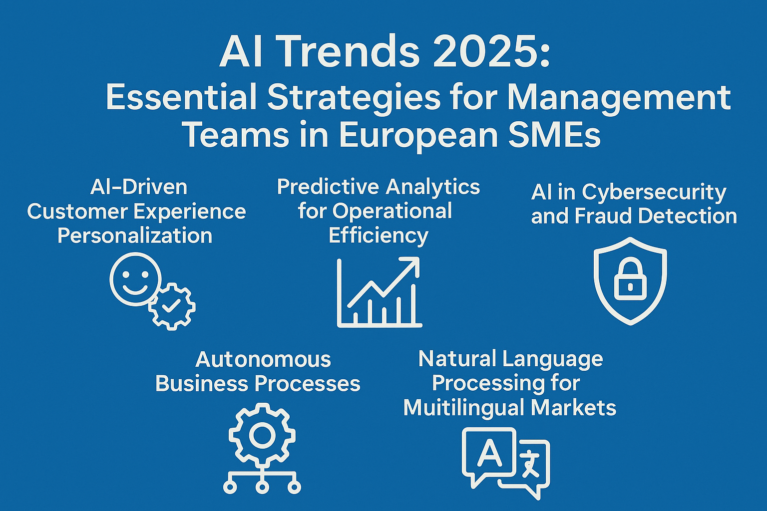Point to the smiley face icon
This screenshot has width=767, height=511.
pos(135,279)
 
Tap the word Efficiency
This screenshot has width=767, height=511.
pos(379,236)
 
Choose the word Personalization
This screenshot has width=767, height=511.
pos(135,236)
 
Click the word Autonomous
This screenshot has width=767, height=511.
pos(263,359)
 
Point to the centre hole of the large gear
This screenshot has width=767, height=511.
pos(262,435)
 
